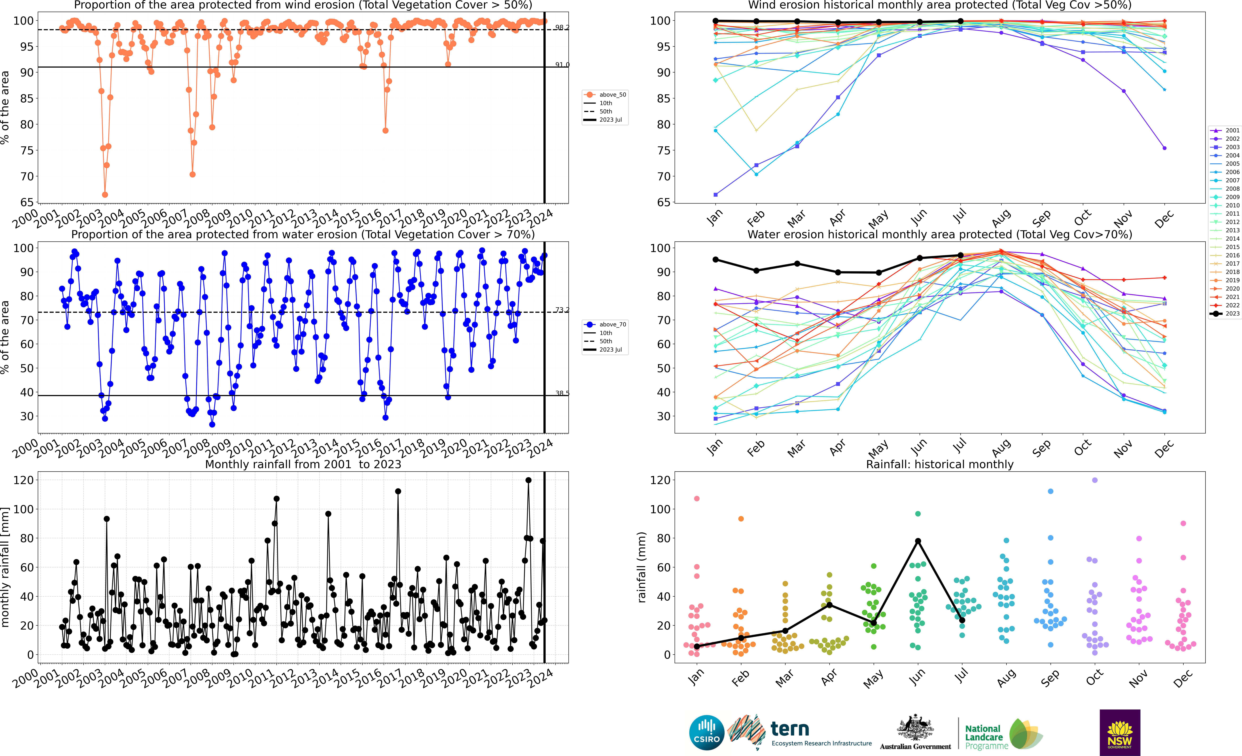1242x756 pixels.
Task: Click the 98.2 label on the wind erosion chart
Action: [562, 27]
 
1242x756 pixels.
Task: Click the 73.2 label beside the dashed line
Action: [562, 309]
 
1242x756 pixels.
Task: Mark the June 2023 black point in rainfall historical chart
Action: [918, 541]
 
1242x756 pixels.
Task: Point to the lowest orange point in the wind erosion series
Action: [105, 195]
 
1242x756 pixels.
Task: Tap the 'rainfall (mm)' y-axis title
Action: [641, 567]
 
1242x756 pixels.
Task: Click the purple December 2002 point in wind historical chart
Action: [1164, 148]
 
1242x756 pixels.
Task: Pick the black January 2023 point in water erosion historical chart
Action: [715, 260]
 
